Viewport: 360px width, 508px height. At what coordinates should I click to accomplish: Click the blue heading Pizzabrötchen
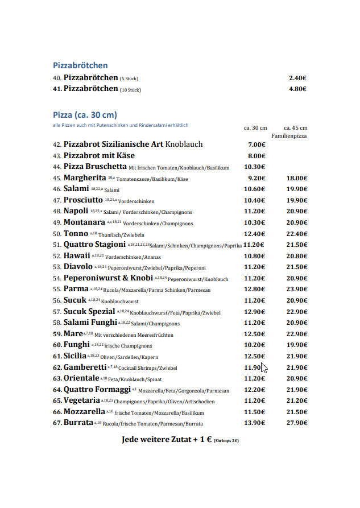point(80,65)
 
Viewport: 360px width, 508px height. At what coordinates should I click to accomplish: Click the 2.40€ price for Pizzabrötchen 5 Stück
point(297,78)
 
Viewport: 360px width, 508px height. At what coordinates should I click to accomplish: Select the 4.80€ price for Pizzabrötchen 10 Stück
point(297,89)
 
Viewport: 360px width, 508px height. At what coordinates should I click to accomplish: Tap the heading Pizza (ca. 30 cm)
point(85,114)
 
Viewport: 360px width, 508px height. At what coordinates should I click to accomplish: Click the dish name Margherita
point(85,178)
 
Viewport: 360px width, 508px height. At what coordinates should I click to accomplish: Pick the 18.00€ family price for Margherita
point(297,178)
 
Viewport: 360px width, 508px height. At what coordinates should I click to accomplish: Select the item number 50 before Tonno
point(57,234)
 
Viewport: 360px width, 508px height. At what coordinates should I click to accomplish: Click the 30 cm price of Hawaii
point(254,256)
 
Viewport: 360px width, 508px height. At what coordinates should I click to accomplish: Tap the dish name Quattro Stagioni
point(94,245)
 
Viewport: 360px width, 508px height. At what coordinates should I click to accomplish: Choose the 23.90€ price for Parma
point(297,290)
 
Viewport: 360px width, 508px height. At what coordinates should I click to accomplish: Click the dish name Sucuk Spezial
point(89,312)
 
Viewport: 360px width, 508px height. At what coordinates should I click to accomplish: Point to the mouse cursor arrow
point(263,368)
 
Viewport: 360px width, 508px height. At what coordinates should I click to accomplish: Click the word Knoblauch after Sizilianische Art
point(184,144)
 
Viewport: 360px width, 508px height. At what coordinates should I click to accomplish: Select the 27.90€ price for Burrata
point(297,423)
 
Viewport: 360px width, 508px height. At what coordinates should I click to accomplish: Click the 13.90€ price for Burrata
point(254,423)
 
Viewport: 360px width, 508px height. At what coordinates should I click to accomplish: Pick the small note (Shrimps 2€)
point(226,441)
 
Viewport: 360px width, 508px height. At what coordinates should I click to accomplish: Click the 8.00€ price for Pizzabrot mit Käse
point(256,156)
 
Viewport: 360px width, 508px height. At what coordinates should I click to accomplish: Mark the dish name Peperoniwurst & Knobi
point(108,278)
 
